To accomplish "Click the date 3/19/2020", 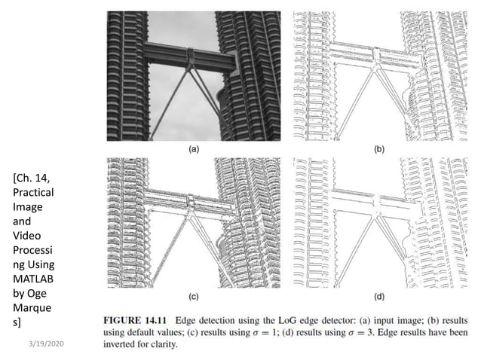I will pos(45,343).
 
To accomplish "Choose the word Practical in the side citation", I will pos(33,193).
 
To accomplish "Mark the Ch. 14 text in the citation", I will pos(33,178).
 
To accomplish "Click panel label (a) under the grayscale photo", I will pos(194,149).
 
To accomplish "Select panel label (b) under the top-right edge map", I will pos(378,149).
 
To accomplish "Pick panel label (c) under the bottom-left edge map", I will pos(194,296).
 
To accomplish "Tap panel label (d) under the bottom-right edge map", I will pos(378,296).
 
